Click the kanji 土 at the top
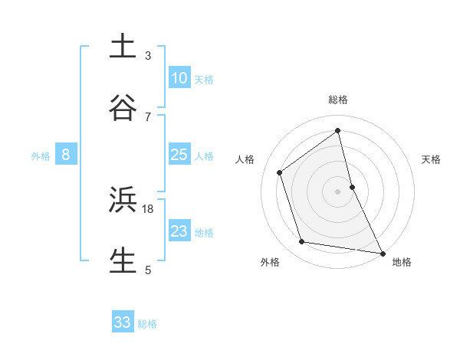click(123, 46)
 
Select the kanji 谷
click(123, 106)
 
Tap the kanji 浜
click(123, 200)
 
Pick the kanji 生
click(123, 260)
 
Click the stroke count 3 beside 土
click(148, 55)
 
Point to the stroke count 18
click(148, 208)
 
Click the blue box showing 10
click(179, 77)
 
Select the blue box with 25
click(179, 154)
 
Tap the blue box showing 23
click(179, 231)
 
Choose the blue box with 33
click(123, 322)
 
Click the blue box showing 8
click(66, 155)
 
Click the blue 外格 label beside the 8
click(41, 156)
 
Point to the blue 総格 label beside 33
click(147, 324)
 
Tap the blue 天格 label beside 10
click(204, 79)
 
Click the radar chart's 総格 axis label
click(338, 100)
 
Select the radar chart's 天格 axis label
click(432, 159)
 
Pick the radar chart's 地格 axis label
click(402, 262)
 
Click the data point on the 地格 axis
click(382, 252)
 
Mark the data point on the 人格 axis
click(280, 172)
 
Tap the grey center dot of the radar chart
click(338, 191)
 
